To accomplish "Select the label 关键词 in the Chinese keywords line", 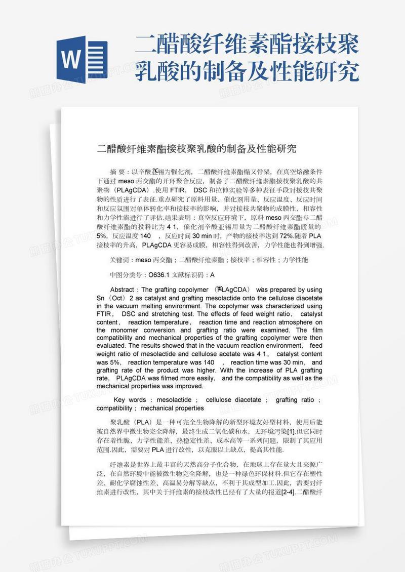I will coord(119,260).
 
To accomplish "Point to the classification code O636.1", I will coord(157,275).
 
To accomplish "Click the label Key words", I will coord(130,400).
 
